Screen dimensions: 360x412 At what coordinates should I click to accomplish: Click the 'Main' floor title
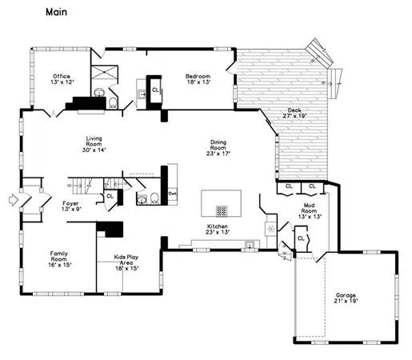[x=57, y=12]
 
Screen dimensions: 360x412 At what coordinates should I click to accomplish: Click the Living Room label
[x=94, y=143]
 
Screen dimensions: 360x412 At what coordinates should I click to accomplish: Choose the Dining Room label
[x=218, y=148]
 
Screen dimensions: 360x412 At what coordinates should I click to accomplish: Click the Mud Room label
[x=308, y=213]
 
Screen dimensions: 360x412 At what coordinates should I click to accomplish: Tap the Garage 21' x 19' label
[x=346, y=298]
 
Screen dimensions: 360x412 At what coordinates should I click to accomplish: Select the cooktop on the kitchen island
[x=222, y=211]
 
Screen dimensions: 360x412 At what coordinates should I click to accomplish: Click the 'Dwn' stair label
[x=172, y=194]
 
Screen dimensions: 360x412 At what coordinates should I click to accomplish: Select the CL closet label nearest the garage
[x=301, y=238]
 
